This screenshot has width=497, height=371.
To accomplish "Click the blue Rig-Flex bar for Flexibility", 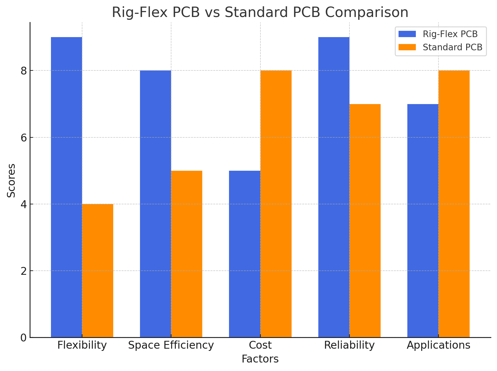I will (66, 187).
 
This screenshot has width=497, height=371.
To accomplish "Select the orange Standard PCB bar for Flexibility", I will (98, 270).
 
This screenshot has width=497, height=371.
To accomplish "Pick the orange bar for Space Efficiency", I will (187, 254).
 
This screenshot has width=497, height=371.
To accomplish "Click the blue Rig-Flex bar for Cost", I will (244, 254).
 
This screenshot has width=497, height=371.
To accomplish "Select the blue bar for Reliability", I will (334, 187).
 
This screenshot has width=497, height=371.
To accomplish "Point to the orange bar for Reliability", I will (365, 220).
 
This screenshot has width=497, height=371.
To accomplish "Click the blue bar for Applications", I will (423, 220).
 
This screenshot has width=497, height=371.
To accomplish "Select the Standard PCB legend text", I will (452, 47).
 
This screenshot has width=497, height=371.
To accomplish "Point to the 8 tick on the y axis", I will (24, 71).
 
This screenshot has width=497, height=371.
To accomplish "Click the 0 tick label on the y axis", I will (24, 338).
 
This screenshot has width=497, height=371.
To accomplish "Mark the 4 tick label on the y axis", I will (24, 204).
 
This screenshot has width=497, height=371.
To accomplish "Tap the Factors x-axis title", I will (260, 359).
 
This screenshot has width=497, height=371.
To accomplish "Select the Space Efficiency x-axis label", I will (171, 345).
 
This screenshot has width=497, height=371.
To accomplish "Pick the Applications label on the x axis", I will (438, 345).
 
